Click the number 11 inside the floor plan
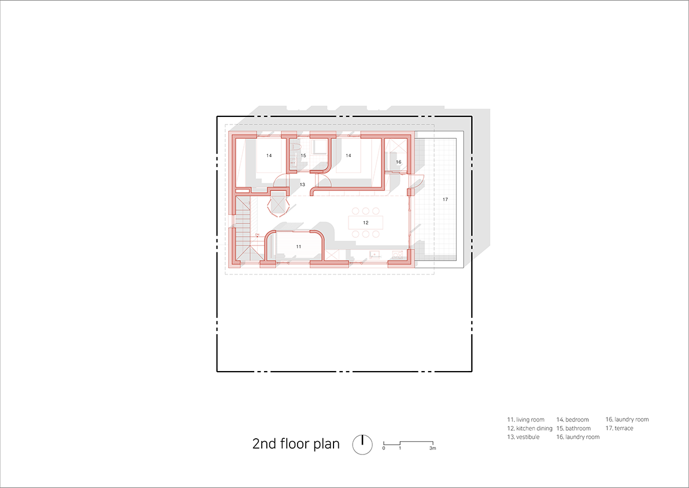298,247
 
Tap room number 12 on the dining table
365,223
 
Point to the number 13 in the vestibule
302,185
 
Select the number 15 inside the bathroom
303,156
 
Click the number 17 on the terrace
445,199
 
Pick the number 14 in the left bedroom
269,156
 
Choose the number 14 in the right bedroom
349,156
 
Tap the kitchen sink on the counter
375,254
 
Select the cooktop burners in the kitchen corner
397,254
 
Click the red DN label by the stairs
258,234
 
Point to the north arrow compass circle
362,445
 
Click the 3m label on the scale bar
433,449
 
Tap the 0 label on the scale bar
384,449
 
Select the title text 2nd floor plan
296,443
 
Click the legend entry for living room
526,420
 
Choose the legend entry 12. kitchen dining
530,428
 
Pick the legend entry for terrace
619,428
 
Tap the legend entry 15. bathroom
573,428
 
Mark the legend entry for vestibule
523,437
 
